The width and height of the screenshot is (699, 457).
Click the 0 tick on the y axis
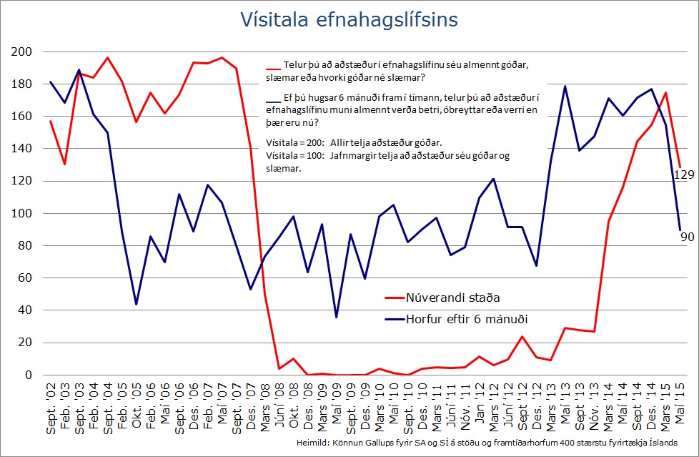pos(29,375)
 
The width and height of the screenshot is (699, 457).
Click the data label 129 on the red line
pos(684,175)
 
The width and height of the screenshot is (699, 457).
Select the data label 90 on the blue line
pos(688,237)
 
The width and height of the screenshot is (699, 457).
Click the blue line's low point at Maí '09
pos(336,317)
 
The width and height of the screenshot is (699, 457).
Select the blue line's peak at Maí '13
pos(565,87)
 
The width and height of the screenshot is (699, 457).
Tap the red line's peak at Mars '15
pos(665,92)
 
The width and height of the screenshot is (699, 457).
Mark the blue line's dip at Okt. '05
pos(137,305)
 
